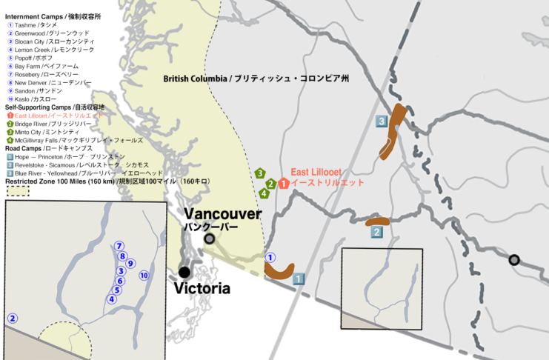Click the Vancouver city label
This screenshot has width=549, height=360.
pyautogui.click(x=223, y=214)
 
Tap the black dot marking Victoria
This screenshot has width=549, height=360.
pyautogui.click(x=184, y=272)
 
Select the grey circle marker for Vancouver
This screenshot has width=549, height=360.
pyautogui.click(x=210, y=239)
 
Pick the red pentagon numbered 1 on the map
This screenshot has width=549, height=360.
pyautogui.click(x=283, y=182)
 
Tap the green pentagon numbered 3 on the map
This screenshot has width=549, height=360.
pyautogui.click(x=260, y=173)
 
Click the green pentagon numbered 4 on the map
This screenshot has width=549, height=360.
pyautogui.click(x=264, y=193)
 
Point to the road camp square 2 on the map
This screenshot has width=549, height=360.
pyautogui.click(x=376, y=232)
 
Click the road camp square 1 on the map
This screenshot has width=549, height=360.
pyautogui.click(x=299, y=279)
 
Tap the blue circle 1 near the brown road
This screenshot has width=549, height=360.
pyautogui.click(x=270, y=258)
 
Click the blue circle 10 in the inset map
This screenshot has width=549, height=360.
pyautogui.click(x=144, y=276)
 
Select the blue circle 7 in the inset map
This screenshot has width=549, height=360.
pyautogui.click(x=119, y=246)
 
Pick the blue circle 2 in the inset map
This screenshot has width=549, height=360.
pyautogui.click(x=12, y=318)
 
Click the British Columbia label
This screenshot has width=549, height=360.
pyautogui.click(x=256, y=79)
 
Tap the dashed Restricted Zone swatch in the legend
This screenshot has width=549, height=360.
pyautogui.click(x=17, y=191)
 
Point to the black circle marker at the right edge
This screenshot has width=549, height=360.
pyautogui.click(x=513, y=259)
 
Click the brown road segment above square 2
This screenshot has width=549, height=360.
pyautogui.click(x=377, y=220)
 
